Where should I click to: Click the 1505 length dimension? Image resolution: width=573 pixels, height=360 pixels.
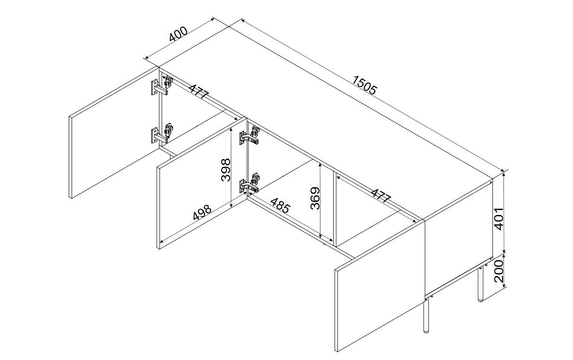click(364, 85)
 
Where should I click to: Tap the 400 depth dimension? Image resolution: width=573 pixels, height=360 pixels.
click(178, 34)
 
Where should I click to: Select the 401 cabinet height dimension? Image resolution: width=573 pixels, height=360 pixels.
click(499, 219)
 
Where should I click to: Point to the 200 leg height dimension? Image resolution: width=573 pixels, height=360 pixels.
click(499, 270)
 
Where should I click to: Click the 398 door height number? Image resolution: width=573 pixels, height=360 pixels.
click(226, 170)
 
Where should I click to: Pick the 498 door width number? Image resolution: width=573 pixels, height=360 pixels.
click(202, 212)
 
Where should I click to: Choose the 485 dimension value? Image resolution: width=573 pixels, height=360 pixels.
click(280, 205)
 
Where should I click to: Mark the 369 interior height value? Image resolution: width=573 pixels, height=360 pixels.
click(315, 198)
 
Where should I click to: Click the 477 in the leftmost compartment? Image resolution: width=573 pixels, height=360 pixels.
click(199, 91)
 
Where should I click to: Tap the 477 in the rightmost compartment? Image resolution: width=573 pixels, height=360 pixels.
click(381, 196)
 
